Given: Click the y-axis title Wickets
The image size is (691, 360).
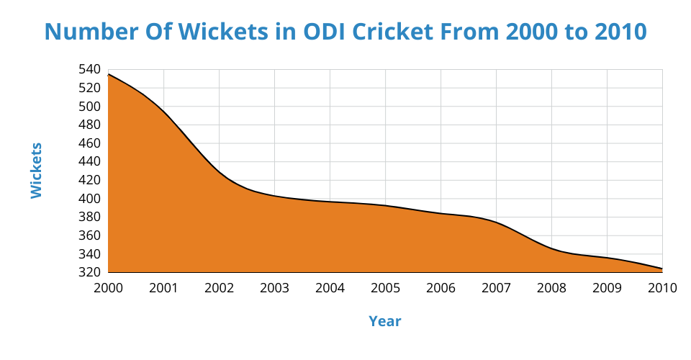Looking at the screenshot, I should pos(37,171).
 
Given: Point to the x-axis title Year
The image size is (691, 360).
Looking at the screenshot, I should pos(385,321).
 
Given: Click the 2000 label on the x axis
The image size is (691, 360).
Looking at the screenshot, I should pos(108,288).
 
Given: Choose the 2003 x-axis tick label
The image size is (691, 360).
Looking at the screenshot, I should pos(274,288).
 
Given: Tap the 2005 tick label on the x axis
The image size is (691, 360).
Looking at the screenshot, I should pos(385,288).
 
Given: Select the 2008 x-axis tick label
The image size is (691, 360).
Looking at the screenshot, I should pos(551,288).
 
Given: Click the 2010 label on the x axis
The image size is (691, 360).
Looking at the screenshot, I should pos(662,288).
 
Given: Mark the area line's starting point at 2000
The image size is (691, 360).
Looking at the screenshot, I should pos(109,74).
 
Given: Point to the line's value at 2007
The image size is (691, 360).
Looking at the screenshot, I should pos(496,222).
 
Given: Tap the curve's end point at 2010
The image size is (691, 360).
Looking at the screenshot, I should pos(661,269).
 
